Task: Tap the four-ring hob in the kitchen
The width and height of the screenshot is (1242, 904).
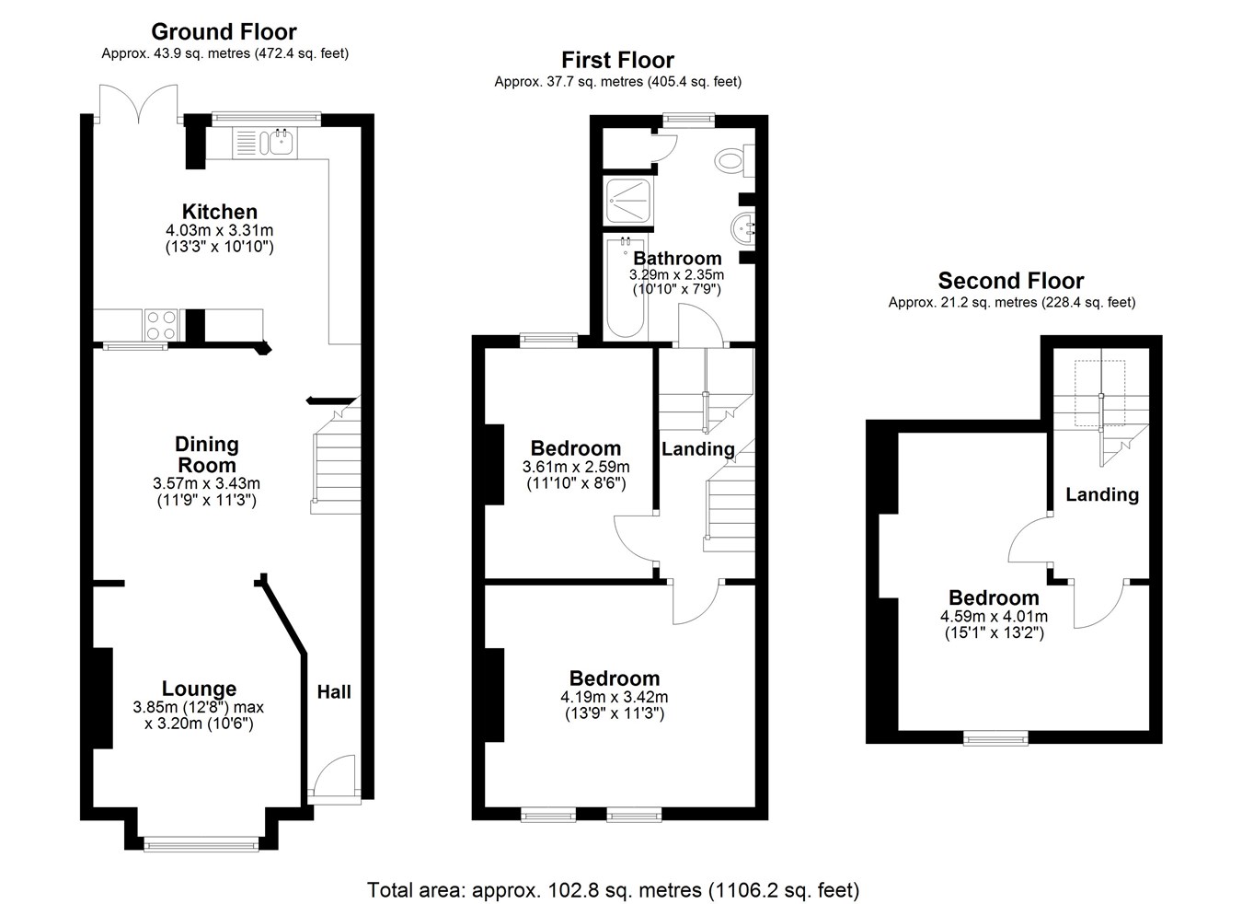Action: tap(161, 325)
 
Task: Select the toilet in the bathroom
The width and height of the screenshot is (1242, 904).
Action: tap(734, 160)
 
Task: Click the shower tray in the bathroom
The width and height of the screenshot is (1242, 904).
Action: tap(628, 201)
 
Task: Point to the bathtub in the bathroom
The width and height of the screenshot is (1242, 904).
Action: tap(626, 287)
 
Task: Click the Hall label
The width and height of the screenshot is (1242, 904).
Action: tap(334, 691)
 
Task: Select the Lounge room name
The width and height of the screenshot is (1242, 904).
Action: tap(199, 689)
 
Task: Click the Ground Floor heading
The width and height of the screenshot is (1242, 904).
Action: tap(224, 31)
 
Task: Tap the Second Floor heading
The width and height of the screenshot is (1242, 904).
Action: tap(1011, 281)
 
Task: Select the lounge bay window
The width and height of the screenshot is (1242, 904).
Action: tap(201, 845)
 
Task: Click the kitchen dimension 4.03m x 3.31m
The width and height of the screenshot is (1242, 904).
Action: tap(220, 230)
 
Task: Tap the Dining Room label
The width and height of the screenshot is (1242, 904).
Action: tap(207, 454)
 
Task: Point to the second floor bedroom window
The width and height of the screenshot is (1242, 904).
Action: tap(995, 737)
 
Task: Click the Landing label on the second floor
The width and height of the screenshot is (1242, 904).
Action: tap(1102, 494)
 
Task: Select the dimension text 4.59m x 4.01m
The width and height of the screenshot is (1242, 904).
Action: tap(995, 616)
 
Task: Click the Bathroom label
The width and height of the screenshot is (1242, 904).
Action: tap(677, 258)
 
